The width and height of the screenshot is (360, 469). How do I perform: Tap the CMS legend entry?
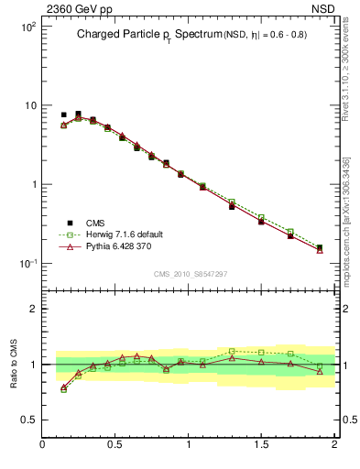point(95,223)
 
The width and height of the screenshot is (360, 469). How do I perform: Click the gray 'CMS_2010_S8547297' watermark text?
point(190,274)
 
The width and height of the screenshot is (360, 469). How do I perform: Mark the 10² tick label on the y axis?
point(28,27)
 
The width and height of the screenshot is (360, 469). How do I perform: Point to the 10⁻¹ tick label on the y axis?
point(28,264)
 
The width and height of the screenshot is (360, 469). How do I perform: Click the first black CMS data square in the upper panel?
point(63,115)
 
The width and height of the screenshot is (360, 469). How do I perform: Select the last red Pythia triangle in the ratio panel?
point(320,371)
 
